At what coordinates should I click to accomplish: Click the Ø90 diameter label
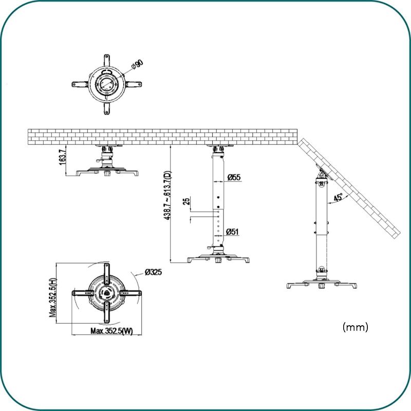(138, 65)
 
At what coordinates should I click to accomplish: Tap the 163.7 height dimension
(62, 157)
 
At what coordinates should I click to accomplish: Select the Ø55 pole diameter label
(234, 177)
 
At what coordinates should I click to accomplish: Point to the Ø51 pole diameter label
(232, 232)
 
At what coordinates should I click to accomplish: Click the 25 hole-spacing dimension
(186, 201)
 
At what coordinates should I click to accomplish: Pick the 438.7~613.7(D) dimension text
(167, 195)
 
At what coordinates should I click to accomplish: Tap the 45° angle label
(338, 198)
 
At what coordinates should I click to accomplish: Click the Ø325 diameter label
(153, 272)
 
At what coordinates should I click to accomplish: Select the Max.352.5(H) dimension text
(53, 297)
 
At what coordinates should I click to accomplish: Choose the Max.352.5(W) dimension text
(111, 331)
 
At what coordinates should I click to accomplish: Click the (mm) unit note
(356, 327)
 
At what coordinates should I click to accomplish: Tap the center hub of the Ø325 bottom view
(106, 293)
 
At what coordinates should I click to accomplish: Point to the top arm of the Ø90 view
(107, 61)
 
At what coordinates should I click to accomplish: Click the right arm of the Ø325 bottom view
(130, 293)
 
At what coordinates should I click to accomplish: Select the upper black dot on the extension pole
(218, 197)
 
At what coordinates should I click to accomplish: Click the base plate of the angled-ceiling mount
(322, 285)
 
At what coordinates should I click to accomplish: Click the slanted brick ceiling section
(349, 188)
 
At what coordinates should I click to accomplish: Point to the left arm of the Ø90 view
(80, 84)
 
